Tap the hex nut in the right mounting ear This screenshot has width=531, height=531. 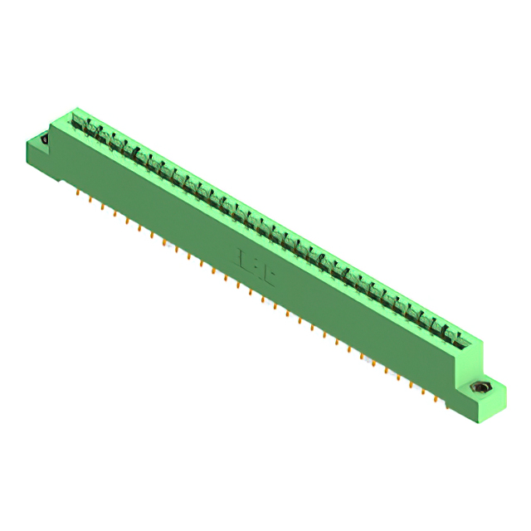click(x=478, y=387)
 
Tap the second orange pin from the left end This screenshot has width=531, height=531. click(x=90, y=200)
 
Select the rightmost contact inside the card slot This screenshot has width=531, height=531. click(x=454, y=335)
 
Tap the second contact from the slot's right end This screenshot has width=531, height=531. click(x=442, y=329)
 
